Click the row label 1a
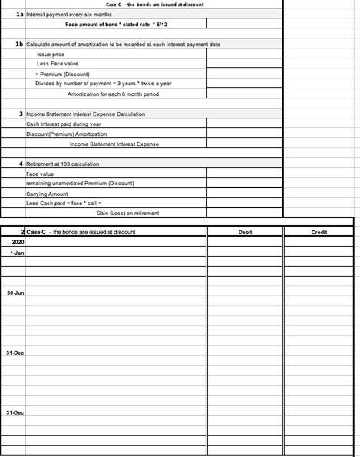point(18,14)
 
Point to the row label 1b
point(18,45)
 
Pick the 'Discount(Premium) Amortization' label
point(66,134)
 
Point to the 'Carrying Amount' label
point(48,193)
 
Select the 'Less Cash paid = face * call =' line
point(69,203)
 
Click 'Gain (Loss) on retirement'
point(128,213)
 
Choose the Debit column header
point(245,232)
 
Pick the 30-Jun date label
point(15,293)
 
